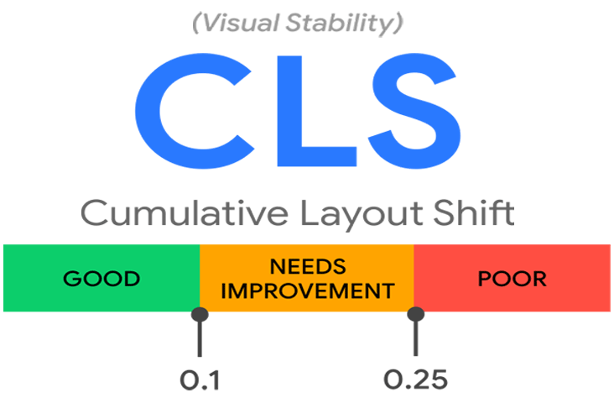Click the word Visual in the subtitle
241,24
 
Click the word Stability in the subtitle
345,24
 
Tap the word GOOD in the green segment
102,279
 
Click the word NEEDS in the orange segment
308,266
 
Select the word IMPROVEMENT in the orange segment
308,291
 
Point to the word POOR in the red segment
512,279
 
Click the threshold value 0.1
200,380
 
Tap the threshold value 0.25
416,380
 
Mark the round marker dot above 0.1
200,315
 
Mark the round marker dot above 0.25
415,315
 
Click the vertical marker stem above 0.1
200,340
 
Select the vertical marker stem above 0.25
415,340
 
